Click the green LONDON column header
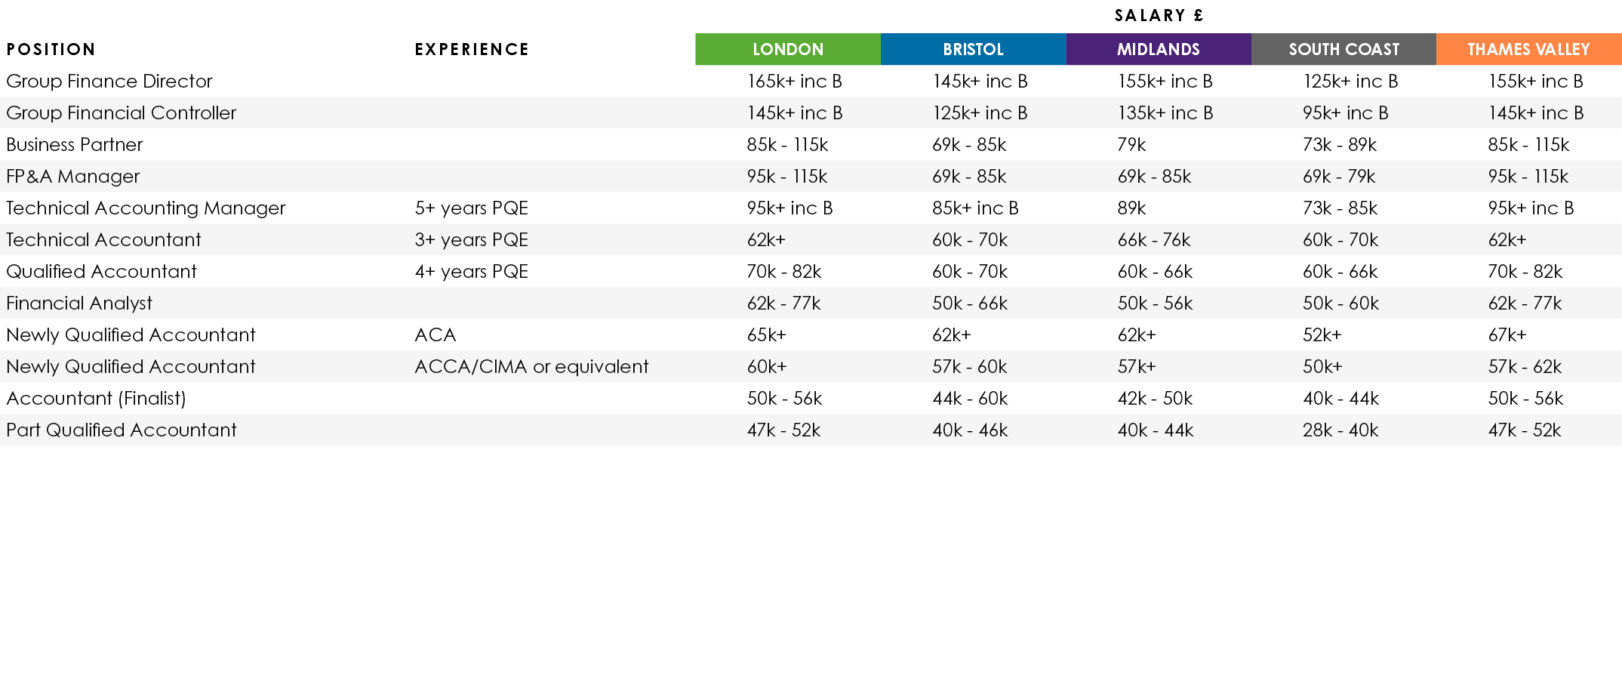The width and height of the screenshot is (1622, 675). point(787,49)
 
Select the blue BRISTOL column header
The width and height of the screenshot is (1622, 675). point(973,49)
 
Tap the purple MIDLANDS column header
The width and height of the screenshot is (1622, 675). point(1158,49)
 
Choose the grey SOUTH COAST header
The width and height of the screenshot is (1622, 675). point(1343,49)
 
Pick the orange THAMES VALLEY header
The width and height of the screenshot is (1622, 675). point(1528,49)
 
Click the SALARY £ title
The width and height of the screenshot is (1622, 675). point(1159,15)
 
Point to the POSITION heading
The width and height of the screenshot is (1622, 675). point(51,49)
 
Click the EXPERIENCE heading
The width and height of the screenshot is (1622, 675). point(472,49)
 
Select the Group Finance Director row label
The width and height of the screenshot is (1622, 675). point(109,81)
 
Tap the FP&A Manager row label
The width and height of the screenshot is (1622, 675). point(73,176)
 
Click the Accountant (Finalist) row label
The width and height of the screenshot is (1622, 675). point(96,398)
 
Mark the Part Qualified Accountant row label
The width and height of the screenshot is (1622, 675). point(122,430)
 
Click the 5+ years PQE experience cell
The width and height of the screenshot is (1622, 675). point(471,208)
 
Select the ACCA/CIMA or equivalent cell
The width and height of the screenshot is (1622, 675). point(531,366)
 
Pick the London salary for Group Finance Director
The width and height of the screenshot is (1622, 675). point(794,81)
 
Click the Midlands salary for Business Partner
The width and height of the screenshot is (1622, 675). point(1131,144)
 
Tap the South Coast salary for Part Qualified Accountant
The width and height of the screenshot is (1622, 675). point(1340,430)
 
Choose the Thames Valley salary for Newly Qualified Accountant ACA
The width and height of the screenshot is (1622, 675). point(1507,334)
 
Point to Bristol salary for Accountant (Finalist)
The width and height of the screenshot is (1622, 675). point(970,398)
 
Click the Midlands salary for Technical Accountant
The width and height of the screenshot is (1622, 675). point(1154,239)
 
